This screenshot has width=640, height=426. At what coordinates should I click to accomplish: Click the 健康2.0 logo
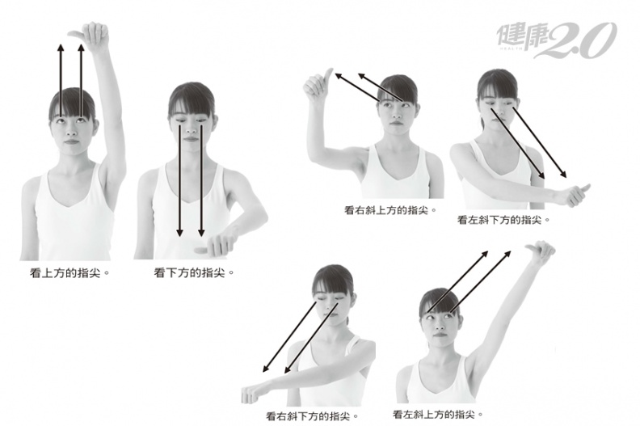tap(557, 40)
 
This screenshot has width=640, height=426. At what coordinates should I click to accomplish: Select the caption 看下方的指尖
tap(194, 272)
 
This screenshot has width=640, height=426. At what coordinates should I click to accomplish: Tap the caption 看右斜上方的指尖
tap(390, 210)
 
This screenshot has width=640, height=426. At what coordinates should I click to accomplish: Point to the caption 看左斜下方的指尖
tap(503, 220)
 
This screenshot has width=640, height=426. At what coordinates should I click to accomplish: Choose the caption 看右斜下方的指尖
tap(312, 416)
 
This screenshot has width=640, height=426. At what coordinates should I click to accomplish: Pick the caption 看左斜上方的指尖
tap(437, 415)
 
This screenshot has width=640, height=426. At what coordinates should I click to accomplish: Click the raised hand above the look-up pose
tap(91, 36)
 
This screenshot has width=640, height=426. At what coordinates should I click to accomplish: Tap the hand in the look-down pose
tap(216, 245)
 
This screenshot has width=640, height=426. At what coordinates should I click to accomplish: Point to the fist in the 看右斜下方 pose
tap(251, 394)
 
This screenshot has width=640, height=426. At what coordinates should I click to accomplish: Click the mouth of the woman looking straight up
tap(71, 141)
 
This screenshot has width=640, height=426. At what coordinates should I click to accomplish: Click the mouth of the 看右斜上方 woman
tap(395, 123)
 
